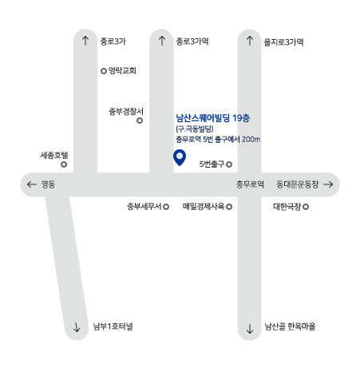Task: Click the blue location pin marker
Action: click(180, 157)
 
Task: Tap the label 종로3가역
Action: click(192, 42)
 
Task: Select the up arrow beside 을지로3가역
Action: click(250, 41)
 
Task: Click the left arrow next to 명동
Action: click(32, 184)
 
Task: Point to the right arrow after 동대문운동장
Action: click(328, 184)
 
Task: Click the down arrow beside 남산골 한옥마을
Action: click(250, 329)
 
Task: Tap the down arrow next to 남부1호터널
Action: click(77, 327)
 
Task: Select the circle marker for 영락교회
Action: click(104, 71)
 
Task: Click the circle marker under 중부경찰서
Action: click(140, 121)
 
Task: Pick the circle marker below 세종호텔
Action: click(64, 164)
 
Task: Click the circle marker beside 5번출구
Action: click(229, 164)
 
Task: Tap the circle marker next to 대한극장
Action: click(306, 207)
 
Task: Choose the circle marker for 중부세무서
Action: click(166, 207)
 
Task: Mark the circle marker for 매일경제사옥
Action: click(229, 207)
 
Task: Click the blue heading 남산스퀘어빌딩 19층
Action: click(213, 118)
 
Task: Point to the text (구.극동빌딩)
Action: click(195, 129)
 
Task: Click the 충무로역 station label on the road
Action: click(250, 184)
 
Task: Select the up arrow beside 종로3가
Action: click(85, 41)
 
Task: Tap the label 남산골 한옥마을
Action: click(290, 326)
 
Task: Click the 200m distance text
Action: click(251, 139)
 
